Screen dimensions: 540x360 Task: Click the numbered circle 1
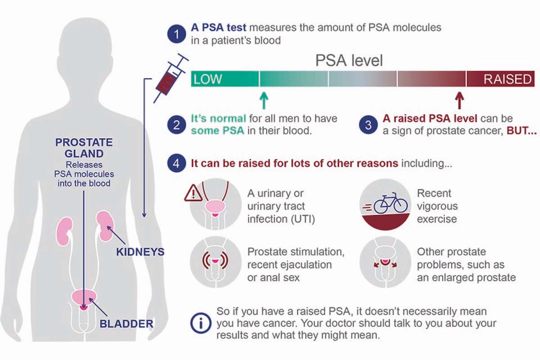176,34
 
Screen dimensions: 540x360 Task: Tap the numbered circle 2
176,125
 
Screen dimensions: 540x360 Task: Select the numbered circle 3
368,125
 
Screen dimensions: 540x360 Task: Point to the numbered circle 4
176,163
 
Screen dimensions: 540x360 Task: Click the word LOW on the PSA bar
207,79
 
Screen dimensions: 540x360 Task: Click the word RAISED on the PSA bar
508,79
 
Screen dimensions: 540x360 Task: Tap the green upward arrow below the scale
264,100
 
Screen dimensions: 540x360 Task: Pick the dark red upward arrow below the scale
459,100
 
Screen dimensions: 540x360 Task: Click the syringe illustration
171,78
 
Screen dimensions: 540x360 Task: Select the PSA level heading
349,60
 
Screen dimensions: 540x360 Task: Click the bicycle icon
391,203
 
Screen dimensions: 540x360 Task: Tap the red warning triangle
193,193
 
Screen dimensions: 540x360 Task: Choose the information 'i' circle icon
201,323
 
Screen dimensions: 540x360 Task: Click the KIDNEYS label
140,252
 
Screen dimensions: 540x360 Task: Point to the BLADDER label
126,324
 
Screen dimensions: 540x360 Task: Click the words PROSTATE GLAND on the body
84,148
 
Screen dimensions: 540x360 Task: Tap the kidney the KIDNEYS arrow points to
105,226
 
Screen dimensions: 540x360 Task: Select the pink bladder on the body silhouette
84,298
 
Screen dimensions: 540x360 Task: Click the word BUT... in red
522,130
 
